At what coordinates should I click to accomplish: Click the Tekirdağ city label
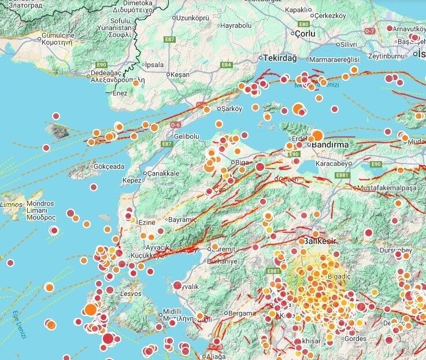[x=280, y=58]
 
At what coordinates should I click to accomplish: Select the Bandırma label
[x=332, y=144]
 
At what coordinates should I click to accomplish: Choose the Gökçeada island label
[x=108, y=166]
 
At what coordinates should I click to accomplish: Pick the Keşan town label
[x=180, y=75]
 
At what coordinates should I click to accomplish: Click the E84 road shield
[x=226, y=65]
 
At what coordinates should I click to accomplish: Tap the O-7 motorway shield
[x=371, y=30]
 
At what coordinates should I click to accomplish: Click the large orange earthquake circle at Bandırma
[x=317, y=136]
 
